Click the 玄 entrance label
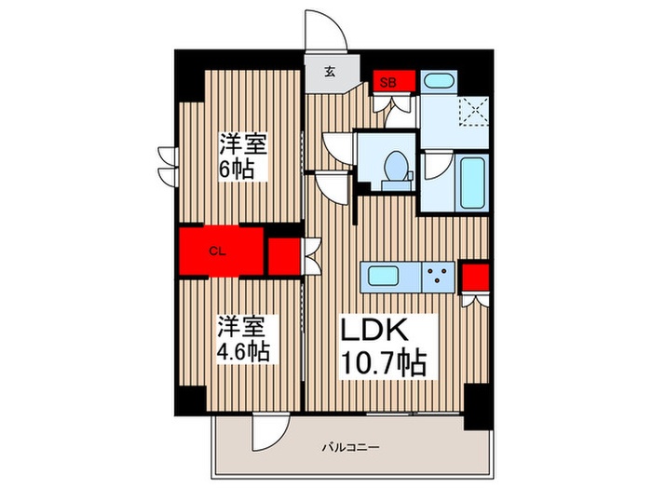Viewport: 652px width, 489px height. tap(331, 71)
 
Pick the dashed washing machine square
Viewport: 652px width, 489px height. tap(476, 113)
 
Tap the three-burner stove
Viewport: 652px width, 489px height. tap(436, 275)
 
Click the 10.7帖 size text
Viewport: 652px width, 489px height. tap(386, 361)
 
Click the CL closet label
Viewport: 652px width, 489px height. tap(216, 251)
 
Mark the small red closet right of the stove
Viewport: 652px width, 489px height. tap(475, 278)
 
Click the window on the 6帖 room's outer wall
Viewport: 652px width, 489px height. tap(167, 166)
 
